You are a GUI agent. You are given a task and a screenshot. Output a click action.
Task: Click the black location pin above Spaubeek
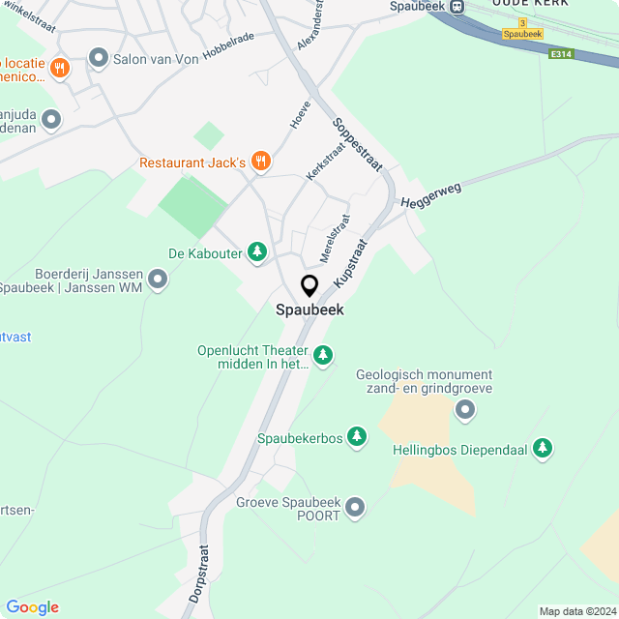tap(309, 286)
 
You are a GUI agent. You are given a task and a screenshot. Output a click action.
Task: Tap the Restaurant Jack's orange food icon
tap(260, 162)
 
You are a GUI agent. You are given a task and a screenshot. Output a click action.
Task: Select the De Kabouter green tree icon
tap(257, 252)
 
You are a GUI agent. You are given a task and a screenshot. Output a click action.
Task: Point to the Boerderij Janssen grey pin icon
tap(158, 280)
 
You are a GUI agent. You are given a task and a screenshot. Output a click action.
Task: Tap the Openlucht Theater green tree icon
tap(323, 357)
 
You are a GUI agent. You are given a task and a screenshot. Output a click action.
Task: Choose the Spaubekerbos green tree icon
tap(358, 438)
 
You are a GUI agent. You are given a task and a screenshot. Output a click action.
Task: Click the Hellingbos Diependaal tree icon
tap(545, 449)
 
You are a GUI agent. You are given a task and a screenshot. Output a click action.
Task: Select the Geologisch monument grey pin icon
tap(465, 411)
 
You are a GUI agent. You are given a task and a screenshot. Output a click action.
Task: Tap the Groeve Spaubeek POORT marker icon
tap(356, 507)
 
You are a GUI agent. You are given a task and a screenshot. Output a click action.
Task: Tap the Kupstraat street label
tap(351, 261)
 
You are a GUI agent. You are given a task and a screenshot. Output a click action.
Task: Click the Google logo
tap(32, 607)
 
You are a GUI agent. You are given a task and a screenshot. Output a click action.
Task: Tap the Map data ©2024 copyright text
tap(576, 611)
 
